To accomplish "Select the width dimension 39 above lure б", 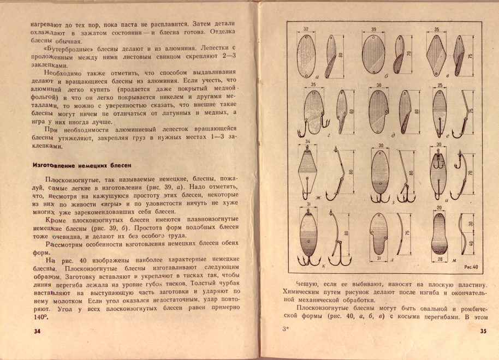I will (x=374, y=28).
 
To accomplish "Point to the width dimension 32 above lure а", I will (x=307, y=28).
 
